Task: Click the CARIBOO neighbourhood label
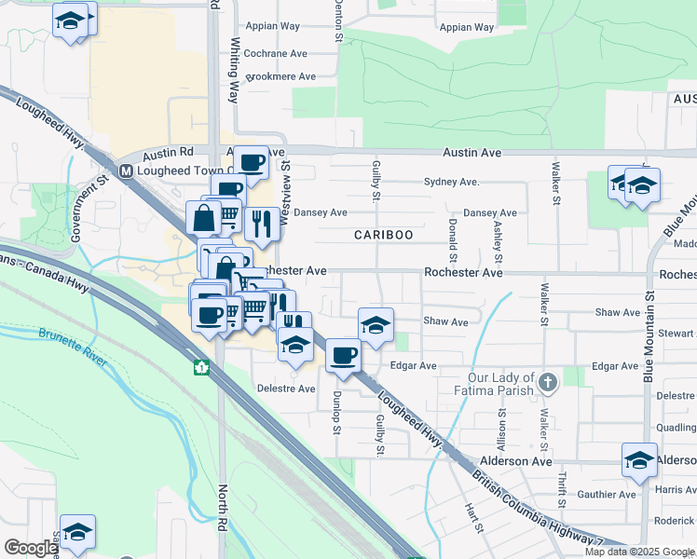(383, 236)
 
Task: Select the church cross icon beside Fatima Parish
(548, 382)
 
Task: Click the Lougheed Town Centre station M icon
(126, 170)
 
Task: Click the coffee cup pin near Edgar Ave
(344, 355)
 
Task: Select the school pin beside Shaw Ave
(376, 325)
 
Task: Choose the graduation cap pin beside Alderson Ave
(639, 459)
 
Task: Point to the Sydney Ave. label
(451, 182)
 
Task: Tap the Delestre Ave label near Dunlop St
(286, 389)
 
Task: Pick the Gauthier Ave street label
(606, 495)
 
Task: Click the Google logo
(31, 548)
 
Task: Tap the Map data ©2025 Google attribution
(639, 552)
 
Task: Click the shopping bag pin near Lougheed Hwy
(203, 219)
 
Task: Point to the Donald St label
(453, 239)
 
